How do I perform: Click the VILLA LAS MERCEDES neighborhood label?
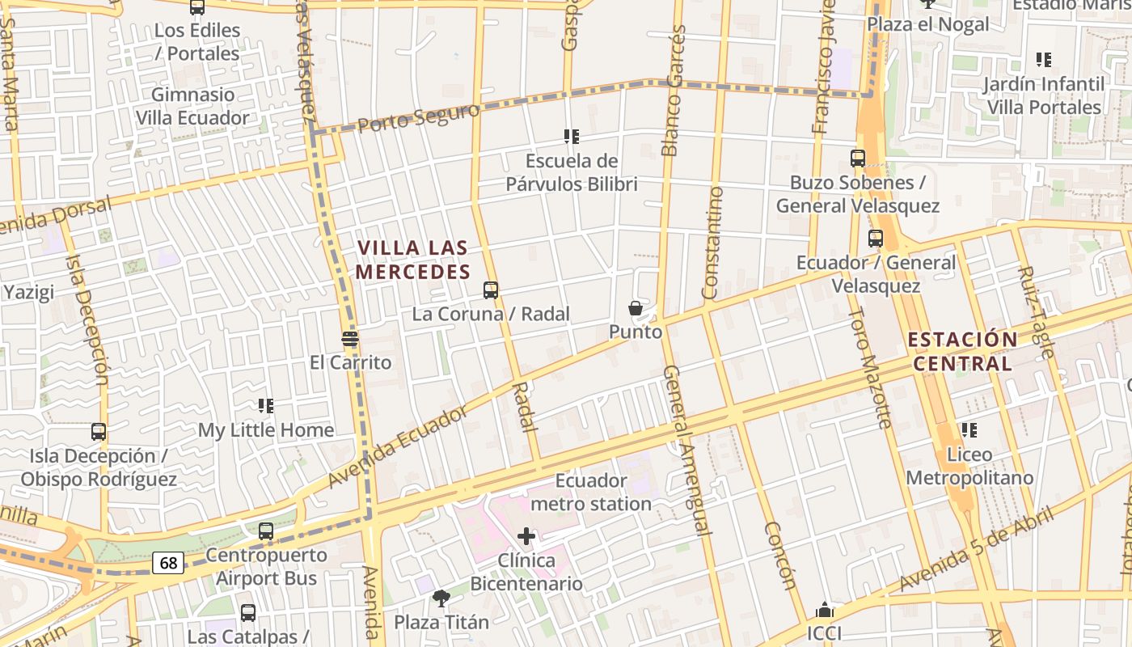(412, 260)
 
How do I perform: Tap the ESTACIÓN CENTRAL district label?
(962, 351)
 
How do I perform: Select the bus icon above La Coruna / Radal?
(490, 290)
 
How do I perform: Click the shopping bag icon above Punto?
(636, 308)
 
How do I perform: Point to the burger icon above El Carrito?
(350, 338)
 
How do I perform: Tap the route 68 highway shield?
(168, 562)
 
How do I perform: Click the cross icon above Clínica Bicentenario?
(526, 535)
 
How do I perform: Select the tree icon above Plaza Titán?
(441, 598)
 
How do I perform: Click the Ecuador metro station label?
(591, 493)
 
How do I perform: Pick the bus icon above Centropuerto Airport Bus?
(266, 531)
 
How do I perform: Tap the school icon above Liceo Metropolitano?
(969, 430)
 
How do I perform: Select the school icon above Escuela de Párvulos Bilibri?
(572, 137)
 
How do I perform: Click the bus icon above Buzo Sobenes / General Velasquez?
(858, 159)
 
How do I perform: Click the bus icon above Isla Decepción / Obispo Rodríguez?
(99, 432)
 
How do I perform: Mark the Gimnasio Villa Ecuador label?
(192, 106)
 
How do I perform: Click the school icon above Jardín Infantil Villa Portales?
(1044, 60)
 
